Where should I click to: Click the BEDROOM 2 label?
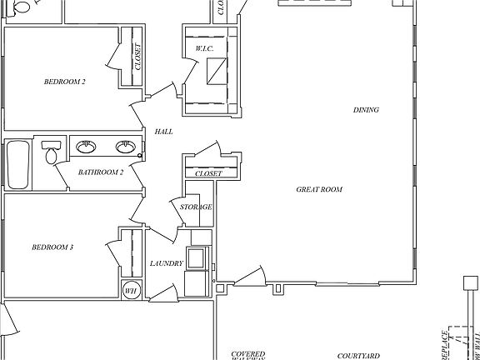coord(65,82)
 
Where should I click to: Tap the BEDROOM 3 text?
coord(52,247)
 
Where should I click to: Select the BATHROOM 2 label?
coord(101,172)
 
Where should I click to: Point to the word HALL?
coord(163,132)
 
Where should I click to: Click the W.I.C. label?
coord(206,50)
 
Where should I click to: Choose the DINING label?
coord(366,110)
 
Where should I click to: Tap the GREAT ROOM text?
coord(319,189)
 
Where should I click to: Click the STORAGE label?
coord(196,207)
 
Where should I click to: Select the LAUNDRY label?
coord(166,263)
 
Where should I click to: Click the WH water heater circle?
coord(131,291)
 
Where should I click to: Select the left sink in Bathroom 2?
coord(85,147)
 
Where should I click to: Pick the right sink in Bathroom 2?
coord(126,147)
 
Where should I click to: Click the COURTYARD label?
coord(358,355)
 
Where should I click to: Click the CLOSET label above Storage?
coord(208,173)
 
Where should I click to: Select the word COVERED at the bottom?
coord(248,354)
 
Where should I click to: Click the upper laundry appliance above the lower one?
coord(200,238)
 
